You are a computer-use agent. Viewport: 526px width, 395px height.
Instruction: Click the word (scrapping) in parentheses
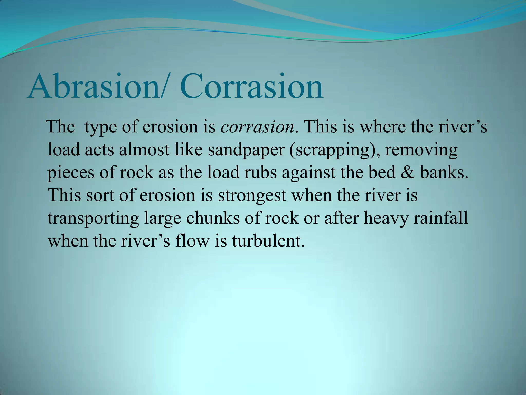tap(332, 150)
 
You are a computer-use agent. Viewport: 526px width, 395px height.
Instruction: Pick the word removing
tap(421, 150)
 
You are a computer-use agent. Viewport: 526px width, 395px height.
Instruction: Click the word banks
tap(444, 172)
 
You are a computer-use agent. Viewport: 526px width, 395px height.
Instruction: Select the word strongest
tap(252, 195)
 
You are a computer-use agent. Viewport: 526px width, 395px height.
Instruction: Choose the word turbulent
tap(268, 241)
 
